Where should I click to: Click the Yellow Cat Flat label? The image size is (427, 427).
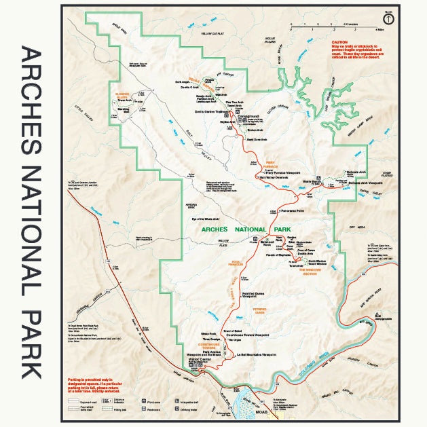coord(212,33)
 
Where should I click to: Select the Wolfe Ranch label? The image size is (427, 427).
coord(312,182)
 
